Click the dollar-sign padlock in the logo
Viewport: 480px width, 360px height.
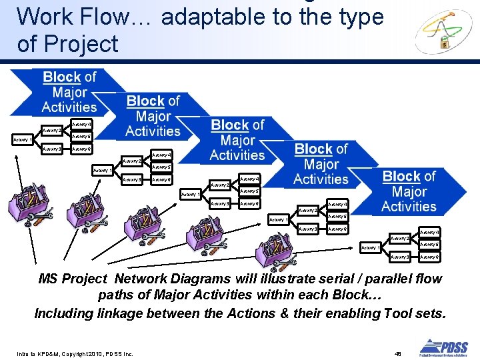click(x=445, y=43)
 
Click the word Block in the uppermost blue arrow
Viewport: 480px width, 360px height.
click(x=61, y=77)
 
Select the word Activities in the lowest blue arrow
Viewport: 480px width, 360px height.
click(x=409, y=206)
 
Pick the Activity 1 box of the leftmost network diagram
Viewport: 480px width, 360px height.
click(x=23, y=139)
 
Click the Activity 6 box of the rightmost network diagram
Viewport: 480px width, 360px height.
click(x=429, y=257)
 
